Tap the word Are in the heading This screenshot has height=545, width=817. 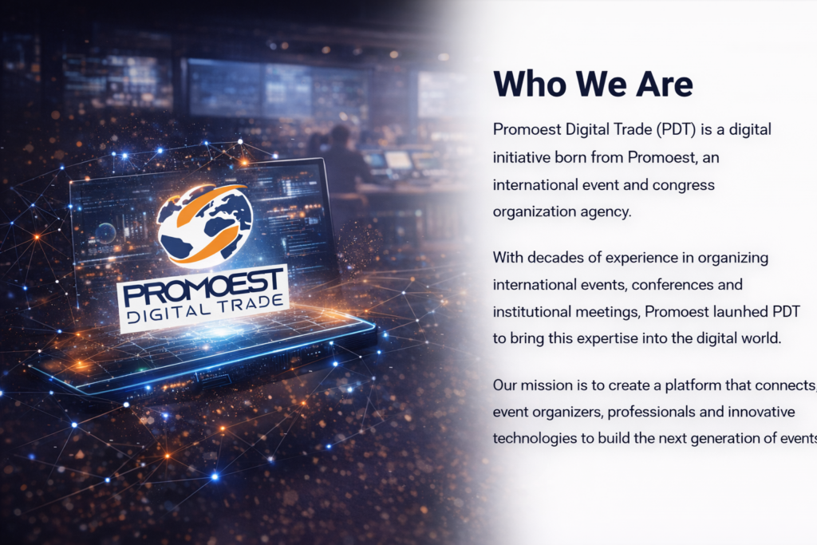(x=665, y=83)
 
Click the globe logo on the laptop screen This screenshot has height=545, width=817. (x=205, y=224)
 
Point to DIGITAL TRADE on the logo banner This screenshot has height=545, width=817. (x=206, y=310)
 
